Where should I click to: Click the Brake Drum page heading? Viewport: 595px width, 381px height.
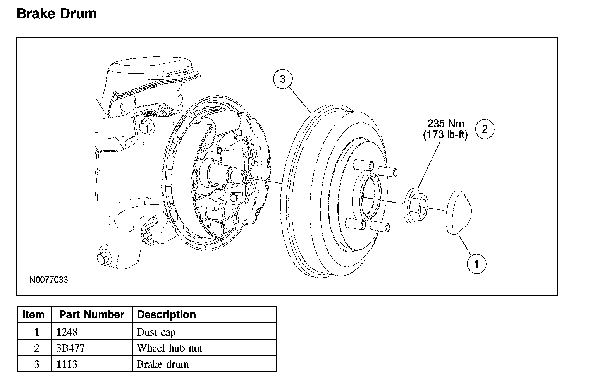(x=57, y=14)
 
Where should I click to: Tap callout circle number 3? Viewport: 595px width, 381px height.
(x=283, y=79)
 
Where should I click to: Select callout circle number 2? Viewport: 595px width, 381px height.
(x=485, y=129)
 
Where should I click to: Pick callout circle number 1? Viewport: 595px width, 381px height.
(x=476, y=264)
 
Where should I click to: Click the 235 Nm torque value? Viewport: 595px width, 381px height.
(x=445, y=124)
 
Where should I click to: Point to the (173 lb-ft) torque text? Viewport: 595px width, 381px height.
(x=445, y=135)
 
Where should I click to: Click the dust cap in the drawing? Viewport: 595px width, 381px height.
(x=459, y=213)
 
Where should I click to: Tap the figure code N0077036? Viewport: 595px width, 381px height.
(x=48, y=280)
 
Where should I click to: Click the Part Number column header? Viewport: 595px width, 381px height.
(x=92, y=314)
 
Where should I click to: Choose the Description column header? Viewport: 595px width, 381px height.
(x=166, y=314)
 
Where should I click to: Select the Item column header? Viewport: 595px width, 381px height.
(x=33, y=314)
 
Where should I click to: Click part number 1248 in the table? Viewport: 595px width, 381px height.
(x=67, y=332)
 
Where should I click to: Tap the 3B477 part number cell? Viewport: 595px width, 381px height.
(x=71, y=348)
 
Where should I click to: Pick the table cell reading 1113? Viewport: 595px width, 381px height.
(x=67, y=364)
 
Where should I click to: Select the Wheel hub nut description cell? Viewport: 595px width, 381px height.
(x=169, y=348)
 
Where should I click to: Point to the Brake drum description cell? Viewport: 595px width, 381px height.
(x=163, y=364)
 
